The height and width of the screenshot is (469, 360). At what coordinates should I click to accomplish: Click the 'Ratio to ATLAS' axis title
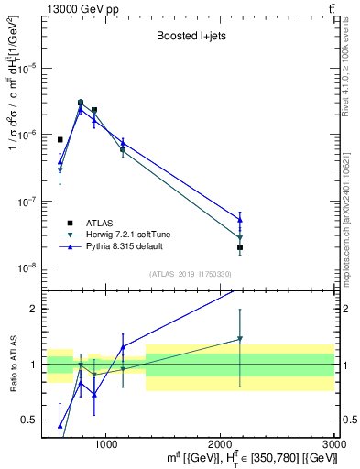[12, 364]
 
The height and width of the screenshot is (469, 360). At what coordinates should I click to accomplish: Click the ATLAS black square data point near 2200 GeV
[240, 247]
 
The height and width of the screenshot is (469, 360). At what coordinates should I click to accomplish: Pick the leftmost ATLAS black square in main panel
[60, 140]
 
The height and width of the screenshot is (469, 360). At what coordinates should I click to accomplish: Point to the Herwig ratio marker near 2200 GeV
[240, 339]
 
